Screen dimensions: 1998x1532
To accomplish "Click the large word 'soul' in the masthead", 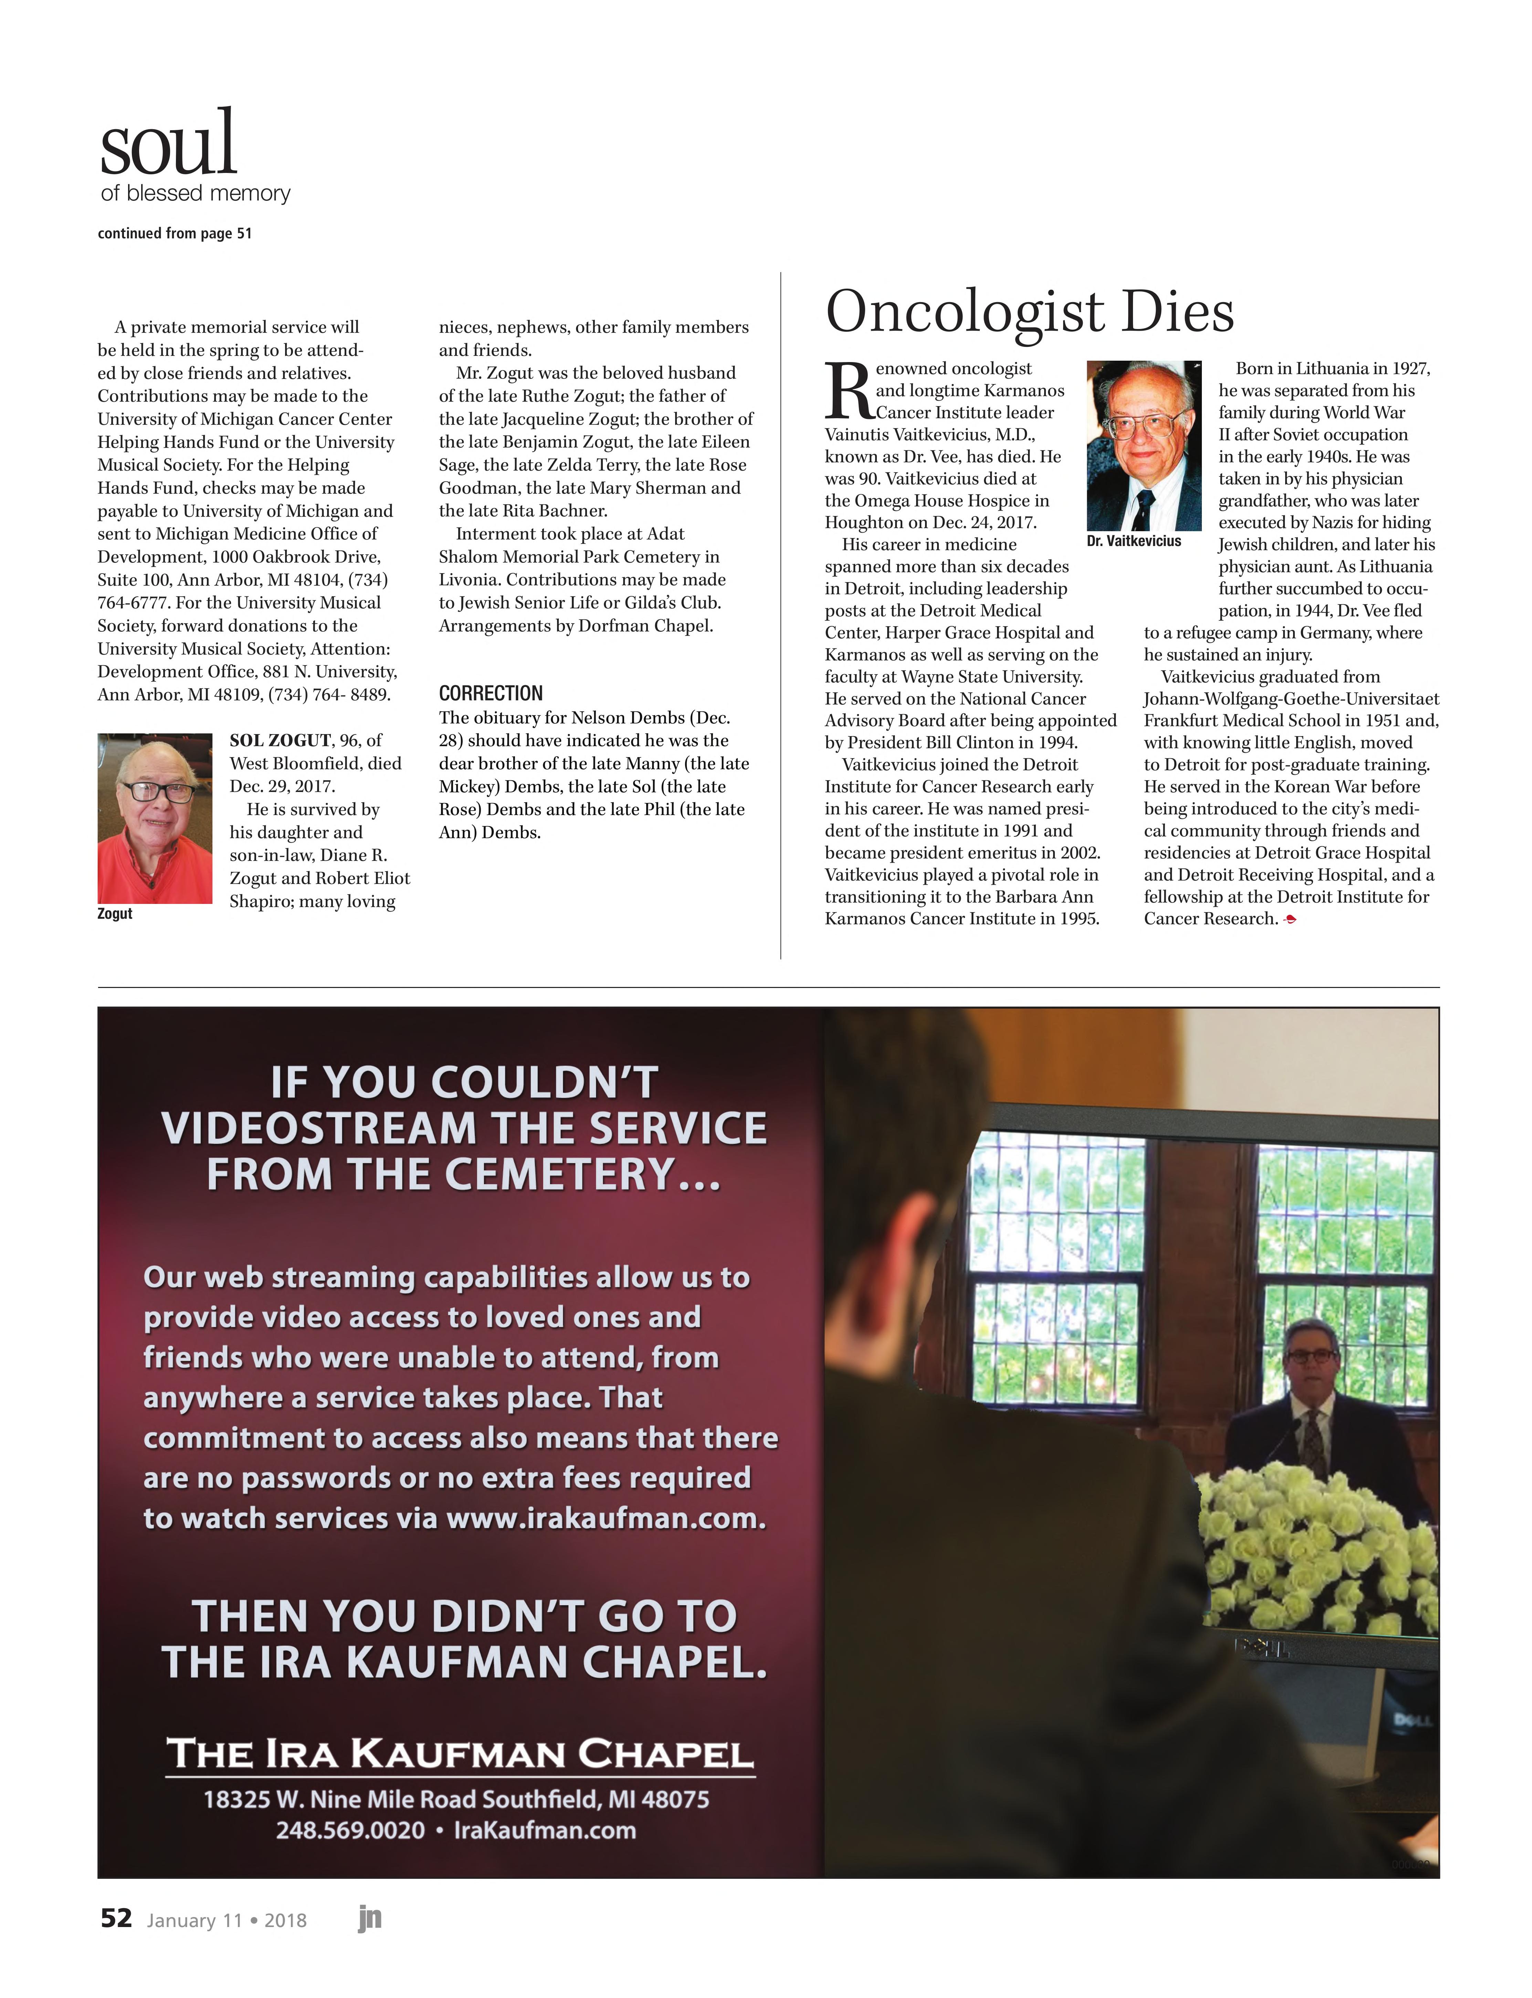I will (169, 144).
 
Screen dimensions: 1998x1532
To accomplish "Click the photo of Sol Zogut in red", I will (155, 818).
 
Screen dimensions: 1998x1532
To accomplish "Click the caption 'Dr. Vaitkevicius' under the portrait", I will (1133, 541).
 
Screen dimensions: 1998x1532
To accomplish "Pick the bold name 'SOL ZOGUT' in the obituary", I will (280, 740).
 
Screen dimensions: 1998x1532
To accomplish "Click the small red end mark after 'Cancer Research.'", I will (1289, 920).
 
